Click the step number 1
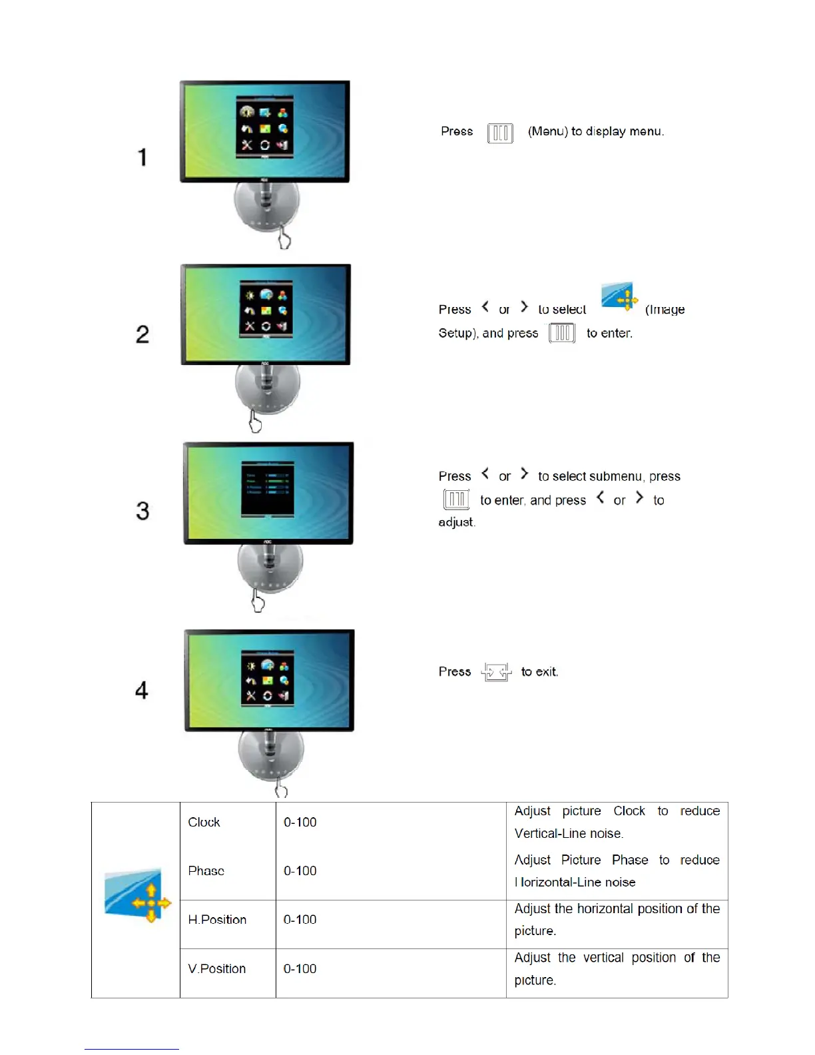pyautogui.click(x=142, y=157)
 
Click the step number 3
pyautogui.click(x=142, y=511)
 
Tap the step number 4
pyautogui.click(x=142, y=690)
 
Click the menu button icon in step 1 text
pyautogui.click(x=500, y=133)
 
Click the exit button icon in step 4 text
pyautogui.click(x=496, y=672)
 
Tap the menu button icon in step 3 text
pyautogui.click(x=456, y=499)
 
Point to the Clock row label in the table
pyautogui.click(x=204, y=822)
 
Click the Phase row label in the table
pyautogui.click(x=206, y=871)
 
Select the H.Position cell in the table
pyautogui.click(x=217, y=920)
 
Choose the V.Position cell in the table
pyautogui.click(x=217, y=968)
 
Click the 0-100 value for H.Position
pyautogui.click(x=300, y=920)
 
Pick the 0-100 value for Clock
pyautogui.click(x=300, y=822)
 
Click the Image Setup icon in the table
pyautogui.click(x=136, y=895)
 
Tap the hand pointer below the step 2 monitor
pyautogui.click(x=255, y=422)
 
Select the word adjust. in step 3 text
pyautogui.click(x=457, y=522)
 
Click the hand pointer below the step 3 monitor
pyautogui.click(x=258, y=602)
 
